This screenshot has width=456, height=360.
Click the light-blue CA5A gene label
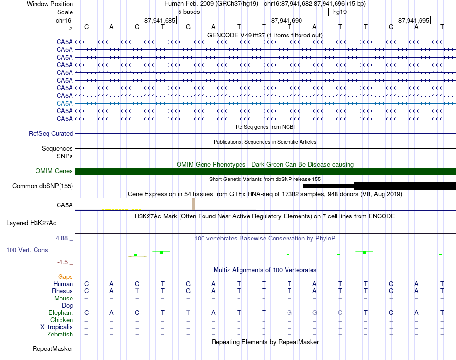click(64, 103)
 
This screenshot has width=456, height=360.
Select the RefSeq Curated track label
click(51, 134)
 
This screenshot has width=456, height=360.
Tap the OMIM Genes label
click(54, 171)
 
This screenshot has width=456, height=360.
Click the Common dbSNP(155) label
click(43, 186)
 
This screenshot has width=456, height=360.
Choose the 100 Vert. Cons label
click(27, 250)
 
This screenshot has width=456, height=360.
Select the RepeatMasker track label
click(53, 349)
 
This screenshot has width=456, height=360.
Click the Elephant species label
click(60, 313)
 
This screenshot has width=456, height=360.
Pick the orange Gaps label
click(65, 277)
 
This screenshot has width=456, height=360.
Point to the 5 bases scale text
click(189, 12)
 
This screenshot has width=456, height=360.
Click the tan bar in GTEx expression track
click(193, 204)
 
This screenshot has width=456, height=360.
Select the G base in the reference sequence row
click(188, 27)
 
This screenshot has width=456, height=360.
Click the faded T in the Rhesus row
click(137, 291)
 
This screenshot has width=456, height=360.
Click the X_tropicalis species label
click(57, 327)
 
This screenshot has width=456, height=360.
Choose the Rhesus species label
click(62, 291)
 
